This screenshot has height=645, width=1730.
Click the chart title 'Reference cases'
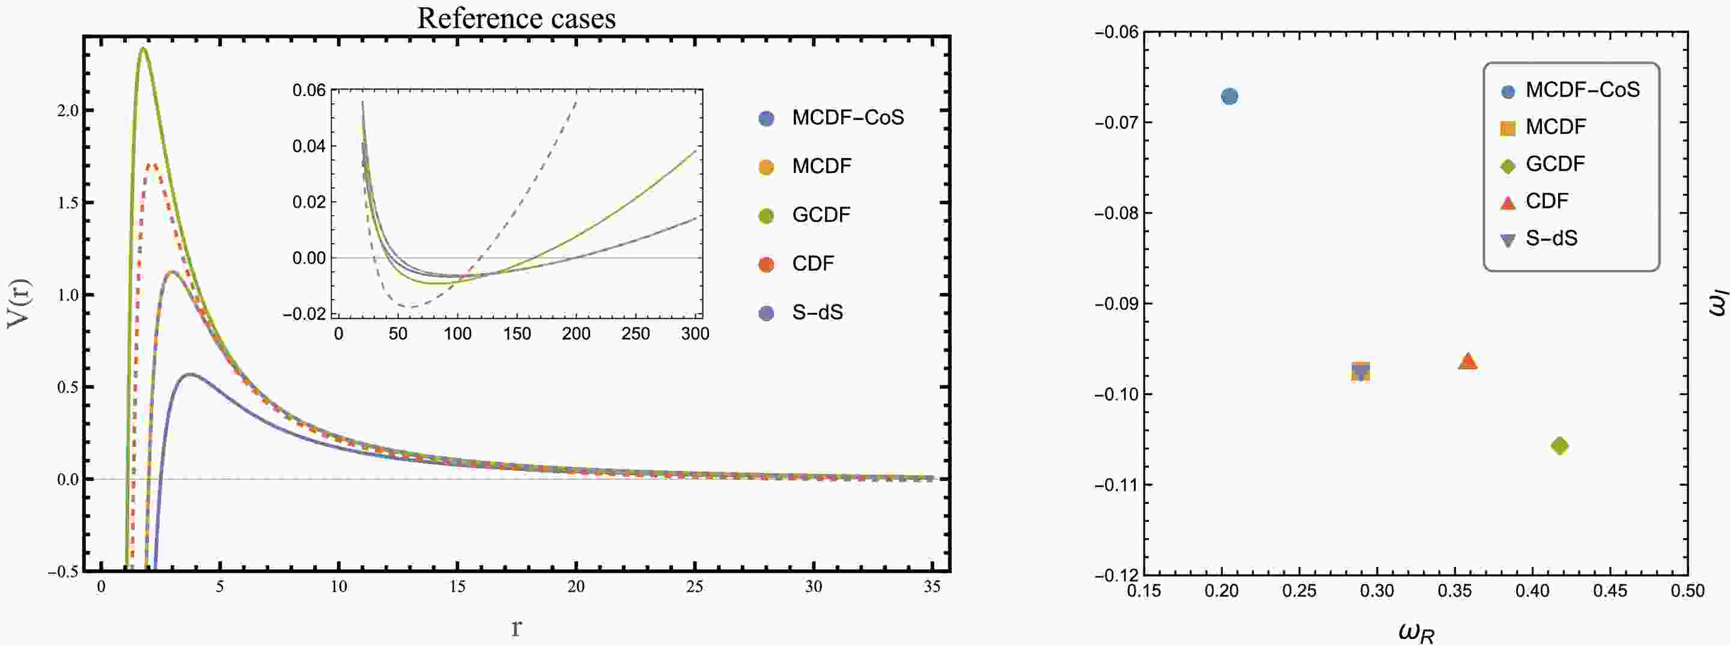[516, 18]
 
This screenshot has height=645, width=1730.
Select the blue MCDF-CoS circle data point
[1229, 96]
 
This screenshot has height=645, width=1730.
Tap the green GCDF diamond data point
[1559, 446]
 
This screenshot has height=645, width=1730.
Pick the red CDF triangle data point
[1468, 362]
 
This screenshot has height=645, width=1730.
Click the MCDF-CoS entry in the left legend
[847, 118]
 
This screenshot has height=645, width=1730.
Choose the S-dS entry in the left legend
[817, 312]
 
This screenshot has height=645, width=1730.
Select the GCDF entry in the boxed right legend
[1555, 164]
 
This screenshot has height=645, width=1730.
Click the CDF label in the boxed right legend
[1547, 201]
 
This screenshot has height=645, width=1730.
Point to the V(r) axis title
[18, 304]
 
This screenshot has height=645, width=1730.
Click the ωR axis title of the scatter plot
[1416, 632]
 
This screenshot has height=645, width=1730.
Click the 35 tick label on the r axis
[931, 587]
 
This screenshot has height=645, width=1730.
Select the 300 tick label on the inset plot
[695, 333]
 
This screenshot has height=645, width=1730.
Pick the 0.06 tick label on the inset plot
[308, 90]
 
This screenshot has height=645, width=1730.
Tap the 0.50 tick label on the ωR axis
[1687, 590]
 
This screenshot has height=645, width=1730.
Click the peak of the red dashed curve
[153, 164]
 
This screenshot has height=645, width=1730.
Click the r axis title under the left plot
[516, 627]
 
